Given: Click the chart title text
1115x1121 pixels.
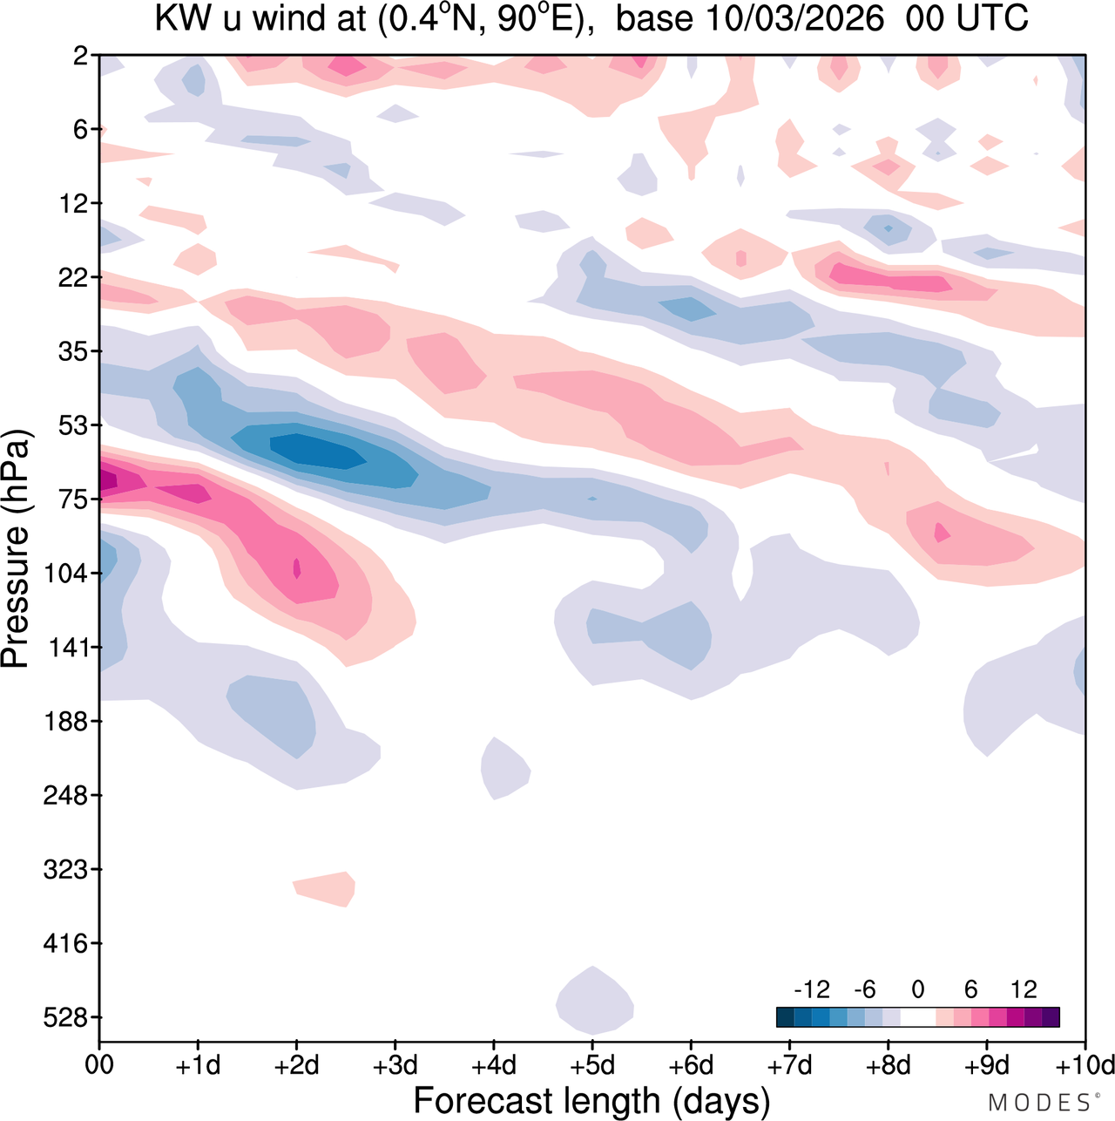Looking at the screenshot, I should tap(591, 19).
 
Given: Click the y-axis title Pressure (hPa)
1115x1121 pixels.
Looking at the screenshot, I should tap(17, 549).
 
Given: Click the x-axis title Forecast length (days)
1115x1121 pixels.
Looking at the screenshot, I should tap(591, 1100).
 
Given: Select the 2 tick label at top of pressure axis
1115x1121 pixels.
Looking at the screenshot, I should tap(81, 56).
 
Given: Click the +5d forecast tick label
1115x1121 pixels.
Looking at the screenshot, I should tap(591, 1065).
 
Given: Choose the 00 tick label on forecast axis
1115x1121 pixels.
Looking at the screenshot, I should tap(99, 1065).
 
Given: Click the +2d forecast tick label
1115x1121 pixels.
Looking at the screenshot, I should tap(296, 1065).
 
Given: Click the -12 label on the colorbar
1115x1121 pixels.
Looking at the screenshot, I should tap(812, 989).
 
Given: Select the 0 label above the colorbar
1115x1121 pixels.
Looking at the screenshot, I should tap(918, 989).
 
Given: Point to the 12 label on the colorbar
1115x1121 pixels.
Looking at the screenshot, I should tap(1024, 989).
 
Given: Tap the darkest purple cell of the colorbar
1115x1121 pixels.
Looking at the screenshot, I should tap(1051, 1017).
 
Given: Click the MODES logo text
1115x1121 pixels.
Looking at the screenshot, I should tap(1038, 1103).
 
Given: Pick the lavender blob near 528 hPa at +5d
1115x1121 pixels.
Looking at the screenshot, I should tap(594, 1001).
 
